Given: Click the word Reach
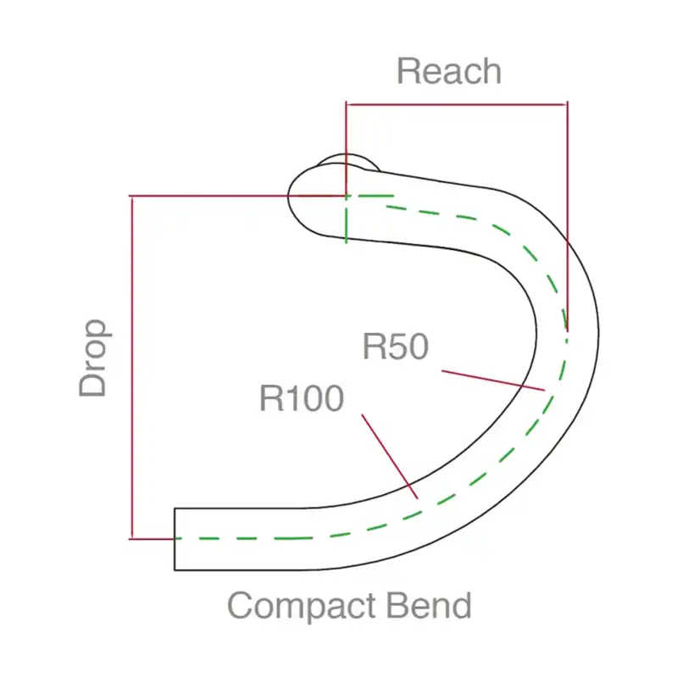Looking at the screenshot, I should (x=448, y=73).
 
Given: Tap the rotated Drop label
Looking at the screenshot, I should (x=94, y=358).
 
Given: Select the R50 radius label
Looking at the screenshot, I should (x=396, y=347).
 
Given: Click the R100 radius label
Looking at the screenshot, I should (x=301, y=397).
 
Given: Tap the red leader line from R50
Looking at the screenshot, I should (x=492, y=379).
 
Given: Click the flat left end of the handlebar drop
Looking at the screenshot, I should (x=175, y=539).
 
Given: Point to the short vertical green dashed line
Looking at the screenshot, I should (x=346, y=219).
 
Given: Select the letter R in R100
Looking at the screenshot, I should (x=271, y=397).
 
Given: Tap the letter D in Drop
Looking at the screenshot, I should (x=94, y=382).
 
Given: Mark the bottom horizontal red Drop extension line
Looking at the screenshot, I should (x=153, y=538).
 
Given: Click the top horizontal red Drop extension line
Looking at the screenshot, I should (x=237, y=196).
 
